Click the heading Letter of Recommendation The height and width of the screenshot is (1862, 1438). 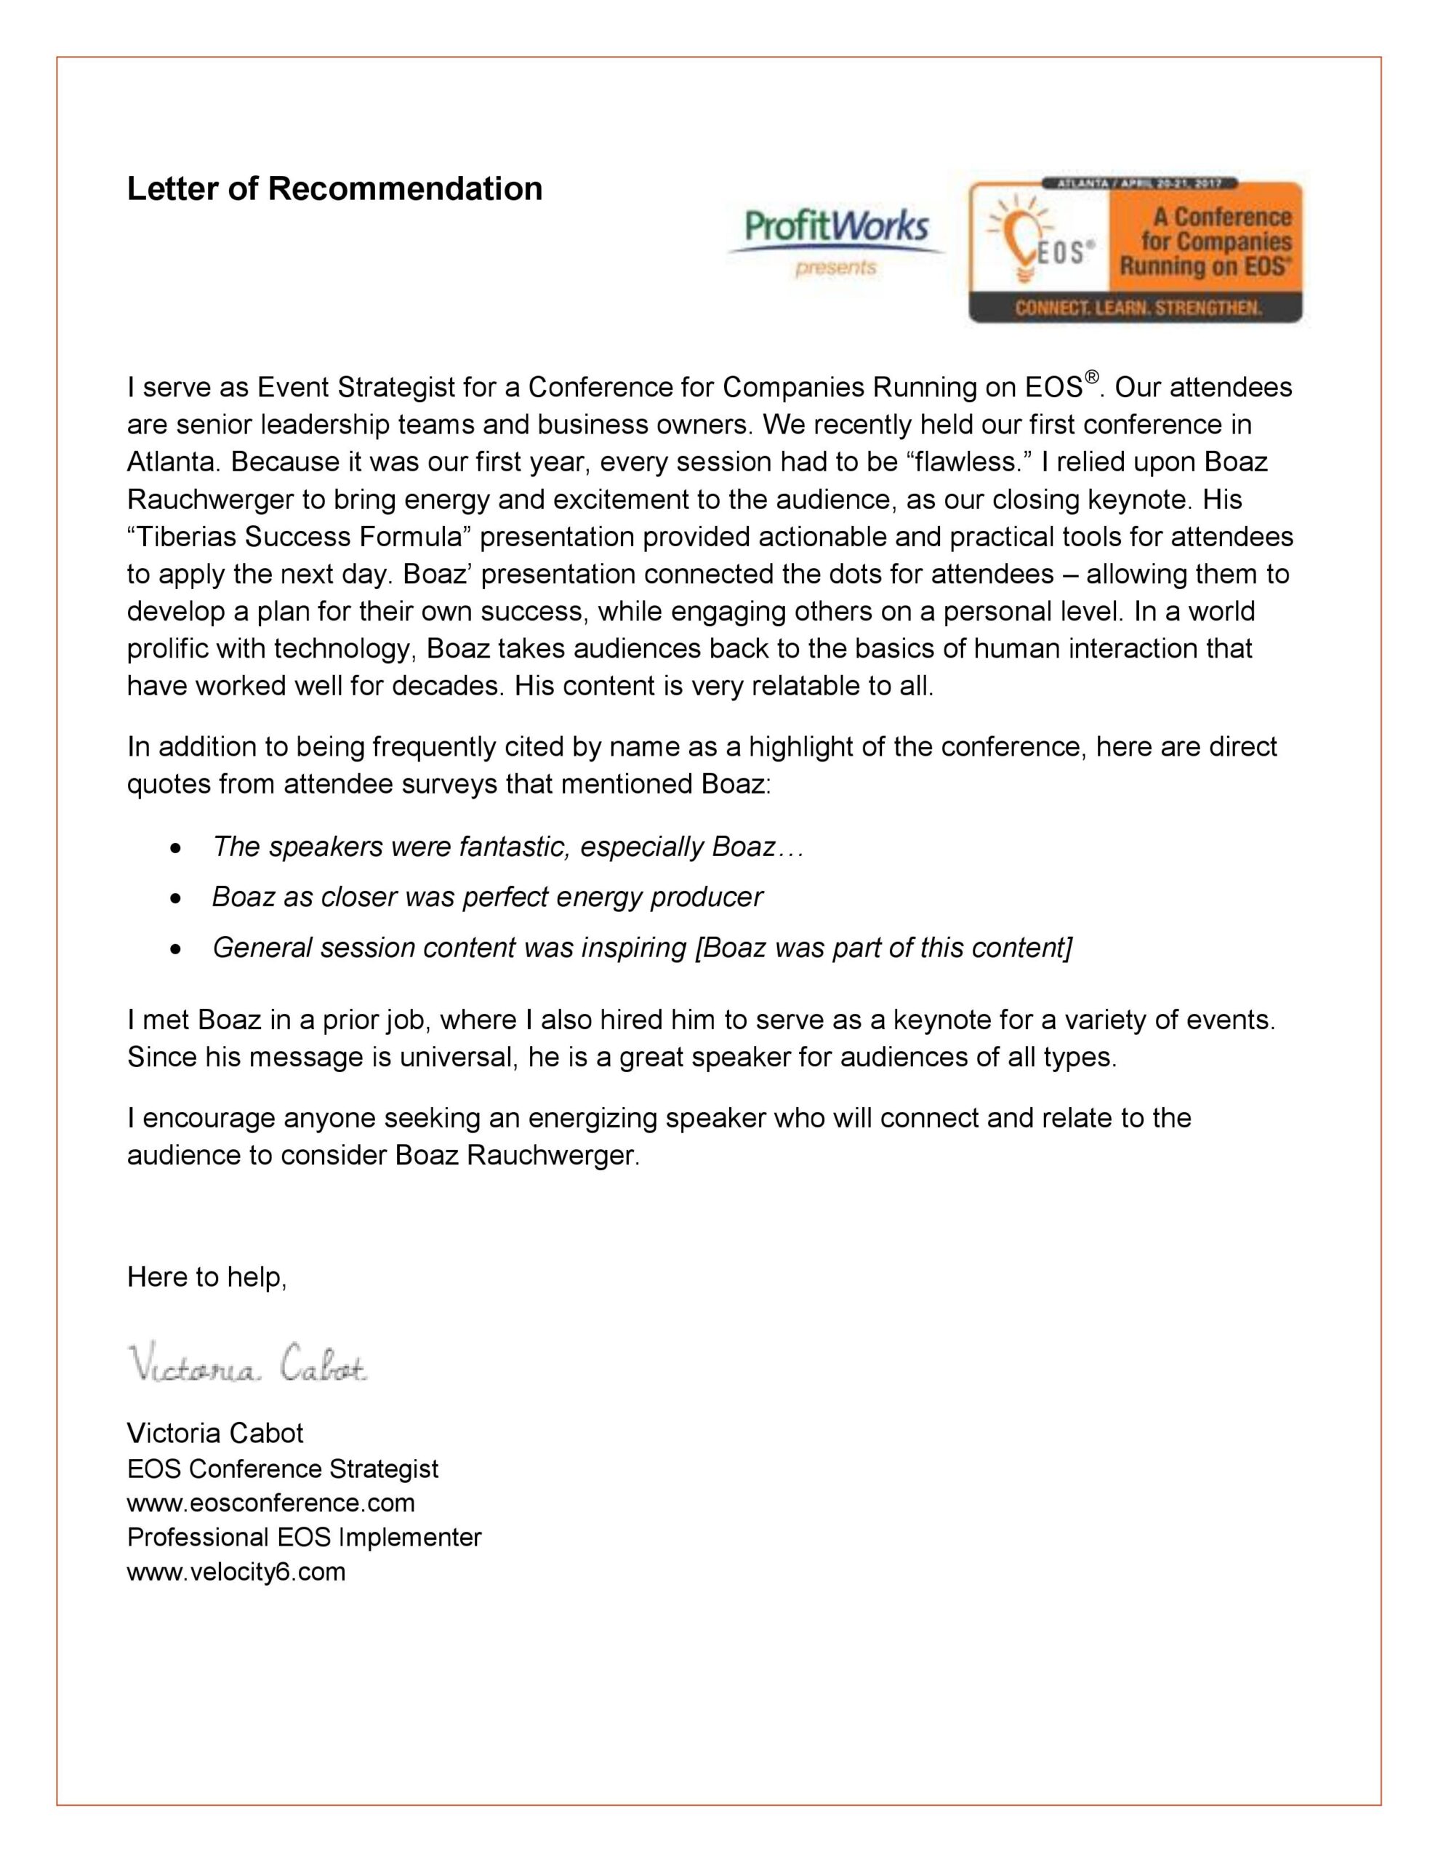(x=334, y=188)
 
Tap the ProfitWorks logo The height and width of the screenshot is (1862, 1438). (x=835, y=228)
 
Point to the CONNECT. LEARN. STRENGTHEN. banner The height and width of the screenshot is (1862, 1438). (x=1137, y=308)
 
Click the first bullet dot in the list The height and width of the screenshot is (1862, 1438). (x=176, y=848)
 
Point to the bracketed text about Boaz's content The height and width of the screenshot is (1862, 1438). (x=884, y=947)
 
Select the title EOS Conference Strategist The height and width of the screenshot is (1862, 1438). (x=282, y=1469)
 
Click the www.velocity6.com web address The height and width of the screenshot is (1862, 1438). (x=236, y=1571)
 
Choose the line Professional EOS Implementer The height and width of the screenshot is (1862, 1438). (x=303, y=1537)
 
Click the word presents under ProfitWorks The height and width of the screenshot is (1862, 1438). (x=835, y=268)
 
